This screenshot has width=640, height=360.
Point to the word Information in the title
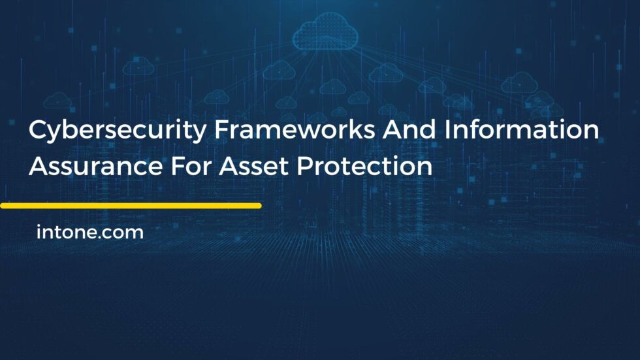click(522, 130)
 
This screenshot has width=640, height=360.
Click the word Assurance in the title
click(94, 167)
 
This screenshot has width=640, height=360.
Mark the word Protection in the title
click(365, 167)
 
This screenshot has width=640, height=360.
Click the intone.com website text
click(90, 232)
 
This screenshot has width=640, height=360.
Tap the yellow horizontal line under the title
click(131, 205)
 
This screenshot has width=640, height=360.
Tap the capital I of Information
click(449, 130)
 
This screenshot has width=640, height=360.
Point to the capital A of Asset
click(229, 167)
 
